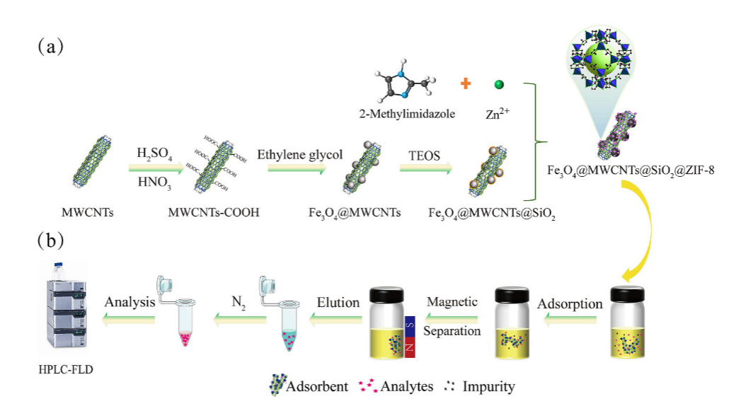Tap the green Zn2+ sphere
[498, 85]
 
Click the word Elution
[338, 302]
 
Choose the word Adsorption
[570, 304]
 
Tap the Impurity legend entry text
[488, 386]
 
